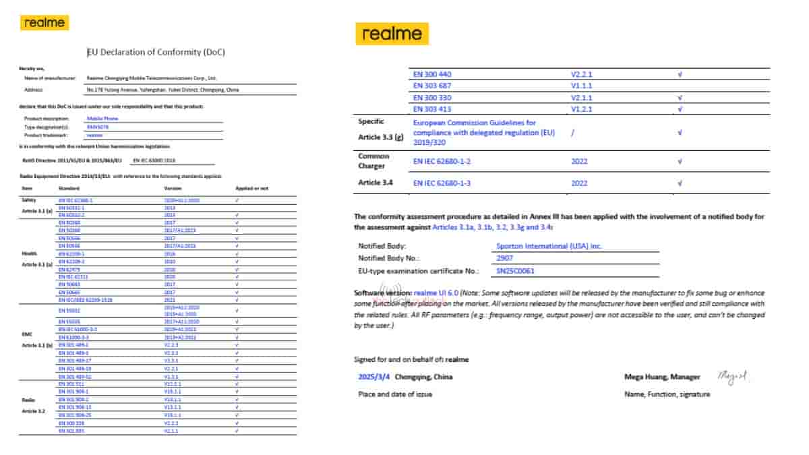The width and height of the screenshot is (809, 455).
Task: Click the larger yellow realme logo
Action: (x=392, y=34)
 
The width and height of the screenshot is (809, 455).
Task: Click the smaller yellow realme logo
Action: (x=46, y=23)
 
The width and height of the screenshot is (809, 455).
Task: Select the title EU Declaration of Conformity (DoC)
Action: (x=156, y=53)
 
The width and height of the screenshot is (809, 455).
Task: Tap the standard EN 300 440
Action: (x=436, y=75)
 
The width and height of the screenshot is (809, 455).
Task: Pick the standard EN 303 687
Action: (x=436, y=86)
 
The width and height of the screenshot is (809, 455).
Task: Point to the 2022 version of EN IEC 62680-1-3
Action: (x=580, y=183)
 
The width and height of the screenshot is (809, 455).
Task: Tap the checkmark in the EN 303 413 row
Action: (x=680, y=109)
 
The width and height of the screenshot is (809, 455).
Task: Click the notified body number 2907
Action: (x=504, y=258)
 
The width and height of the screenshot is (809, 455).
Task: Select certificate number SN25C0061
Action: (x=516, y=271)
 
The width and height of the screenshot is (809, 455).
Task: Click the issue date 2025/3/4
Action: (x=372, y=377)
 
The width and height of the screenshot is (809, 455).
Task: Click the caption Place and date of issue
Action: (x=395, y=394)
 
